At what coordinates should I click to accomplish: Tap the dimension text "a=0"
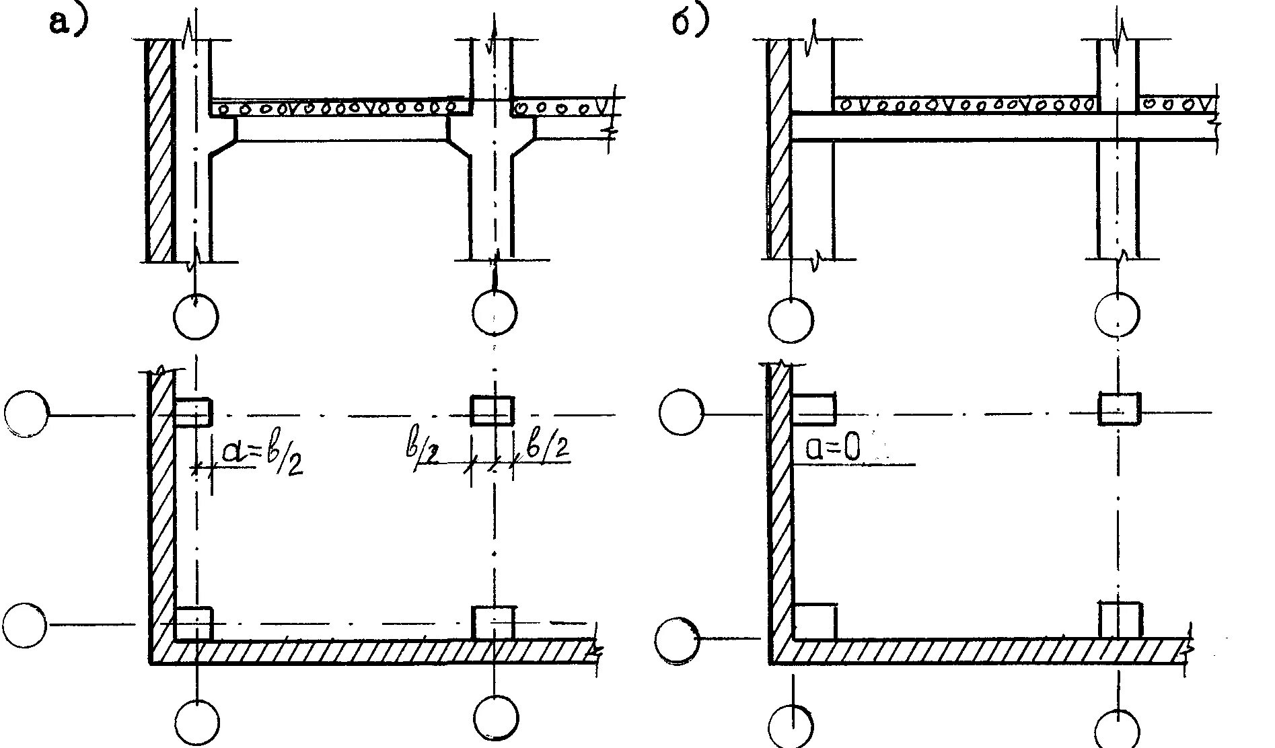click(x=834, y=449)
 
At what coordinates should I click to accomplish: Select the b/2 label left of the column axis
click(x=423, y=452)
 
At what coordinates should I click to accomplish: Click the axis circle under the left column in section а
click(x=196, y=316)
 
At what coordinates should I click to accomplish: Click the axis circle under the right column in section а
click(x=495, y=313)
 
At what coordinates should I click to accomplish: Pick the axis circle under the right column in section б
click(x=1118, y=313)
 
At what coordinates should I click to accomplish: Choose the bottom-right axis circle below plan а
click(x=496, y=719)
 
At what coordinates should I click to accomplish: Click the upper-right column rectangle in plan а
click(x=492, y=411)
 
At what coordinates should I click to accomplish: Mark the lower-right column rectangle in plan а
click(x=493, y=623)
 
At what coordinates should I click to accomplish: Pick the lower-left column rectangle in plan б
click(x=814, y=622)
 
